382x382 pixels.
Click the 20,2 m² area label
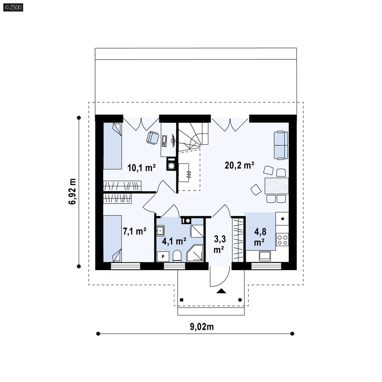(239, 165)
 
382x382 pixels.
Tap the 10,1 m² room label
(142, 167)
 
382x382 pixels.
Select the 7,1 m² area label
(135, 231)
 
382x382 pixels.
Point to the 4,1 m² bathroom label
(174, 241)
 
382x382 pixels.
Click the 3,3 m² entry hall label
(220, 244)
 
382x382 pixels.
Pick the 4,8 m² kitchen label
(260, 237)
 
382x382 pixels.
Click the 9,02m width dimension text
(202, 327)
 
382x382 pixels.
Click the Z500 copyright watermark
(13, 7)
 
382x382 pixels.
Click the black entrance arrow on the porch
(221, 291)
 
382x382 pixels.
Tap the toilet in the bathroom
(177, 257)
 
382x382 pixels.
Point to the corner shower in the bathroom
(195, 253)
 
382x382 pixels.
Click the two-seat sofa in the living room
(281, 146)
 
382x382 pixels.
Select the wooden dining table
(277, 186)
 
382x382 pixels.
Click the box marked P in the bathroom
(163, 257)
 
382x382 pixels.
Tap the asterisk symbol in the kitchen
(283, 219)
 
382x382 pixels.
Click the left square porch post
(181, 300)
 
